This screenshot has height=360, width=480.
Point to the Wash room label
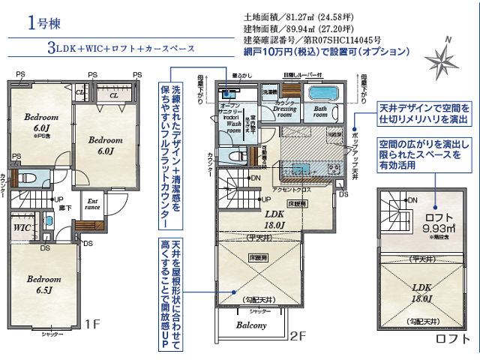coord(233,124)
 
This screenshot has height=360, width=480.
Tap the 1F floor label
coord(92,324)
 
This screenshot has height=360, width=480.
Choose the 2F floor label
coord(298,337)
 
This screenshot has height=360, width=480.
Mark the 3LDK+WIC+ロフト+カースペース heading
coord(120,48)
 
